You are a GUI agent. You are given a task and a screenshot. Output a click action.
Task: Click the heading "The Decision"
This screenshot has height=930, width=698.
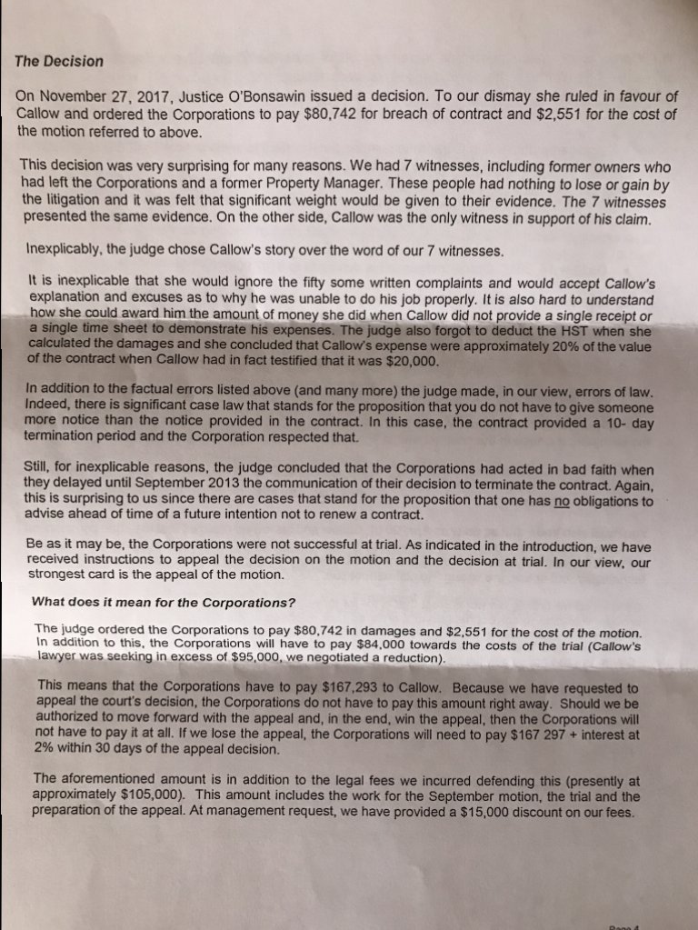point(59,62)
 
